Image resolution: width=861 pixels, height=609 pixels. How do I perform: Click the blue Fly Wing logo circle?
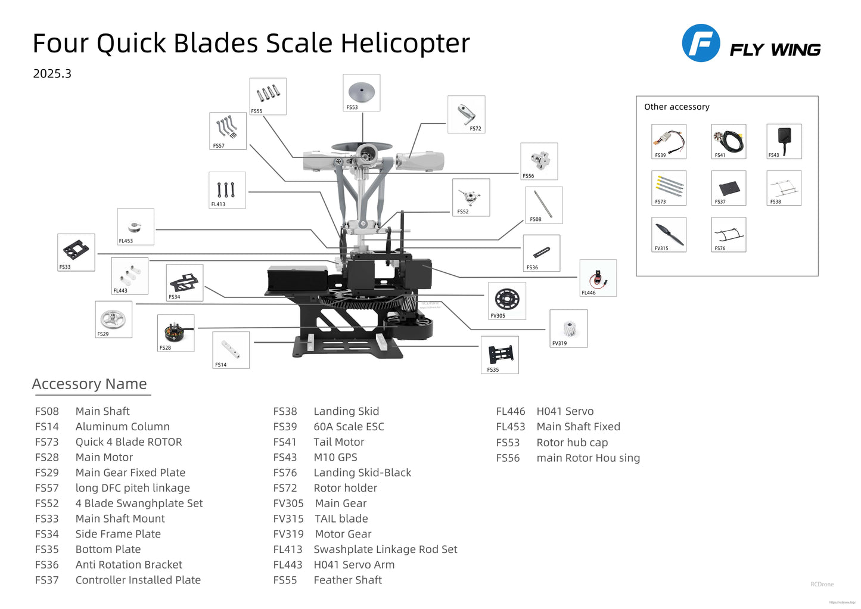pos(701,43)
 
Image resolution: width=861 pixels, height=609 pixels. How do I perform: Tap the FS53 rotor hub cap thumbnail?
pos(362,92)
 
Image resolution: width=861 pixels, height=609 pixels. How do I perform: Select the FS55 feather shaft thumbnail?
pos(268,96)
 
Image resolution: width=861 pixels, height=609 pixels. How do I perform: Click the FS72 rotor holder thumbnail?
pos(466,114)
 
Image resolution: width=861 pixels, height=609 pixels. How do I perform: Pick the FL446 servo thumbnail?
pos(598,278)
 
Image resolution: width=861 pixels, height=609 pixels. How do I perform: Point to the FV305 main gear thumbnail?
pos(506,300)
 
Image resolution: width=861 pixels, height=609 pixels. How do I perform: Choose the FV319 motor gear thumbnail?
pos(568,328)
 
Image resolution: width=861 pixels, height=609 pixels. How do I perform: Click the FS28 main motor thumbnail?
pos(175,333)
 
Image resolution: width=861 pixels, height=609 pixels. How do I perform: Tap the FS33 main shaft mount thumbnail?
pos(76,251)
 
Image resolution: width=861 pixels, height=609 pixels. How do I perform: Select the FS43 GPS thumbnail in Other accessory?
pos(784,141)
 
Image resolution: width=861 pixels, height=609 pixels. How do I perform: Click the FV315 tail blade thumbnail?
pos(669,234)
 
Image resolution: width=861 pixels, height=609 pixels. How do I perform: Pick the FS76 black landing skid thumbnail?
pos(728,234)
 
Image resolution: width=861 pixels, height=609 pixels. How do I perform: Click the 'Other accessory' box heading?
pos(676,107)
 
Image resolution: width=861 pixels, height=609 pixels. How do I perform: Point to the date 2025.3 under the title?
pos(52,73)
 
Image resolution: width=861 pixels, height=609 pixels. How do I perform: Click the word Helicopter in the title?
pos(405,44)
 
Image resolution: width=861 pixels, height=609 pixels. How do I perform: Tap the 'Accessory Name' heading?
pos(89,384)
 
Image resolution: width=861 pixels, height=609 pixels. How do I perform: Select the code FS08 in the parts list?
pos(46,411)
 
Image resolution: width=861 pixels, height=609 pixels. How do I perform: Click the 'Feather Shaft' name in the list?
pos(347,580)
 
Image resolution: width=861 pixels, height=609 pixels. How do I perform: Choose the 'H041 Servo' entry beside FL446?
pos(564,411)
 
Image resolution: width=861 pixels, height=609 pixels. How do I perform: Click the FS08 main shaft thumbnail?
pos(543,204)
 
